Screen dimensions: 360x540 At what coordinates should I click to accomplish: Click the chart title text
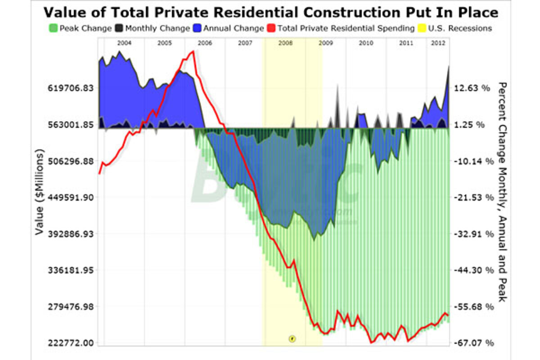point(271,12)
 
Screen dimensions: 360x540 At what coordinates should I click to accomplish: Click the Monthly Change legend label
point(157,28)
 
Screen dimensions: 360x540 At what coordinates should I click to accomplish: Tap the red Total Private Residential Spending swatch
point(272,28)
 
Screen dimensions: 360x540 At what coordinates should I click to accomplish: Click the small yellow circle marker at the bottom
point(292,337)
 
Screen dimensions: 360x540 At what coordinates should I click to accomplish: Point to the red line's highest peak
point(193,51)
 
